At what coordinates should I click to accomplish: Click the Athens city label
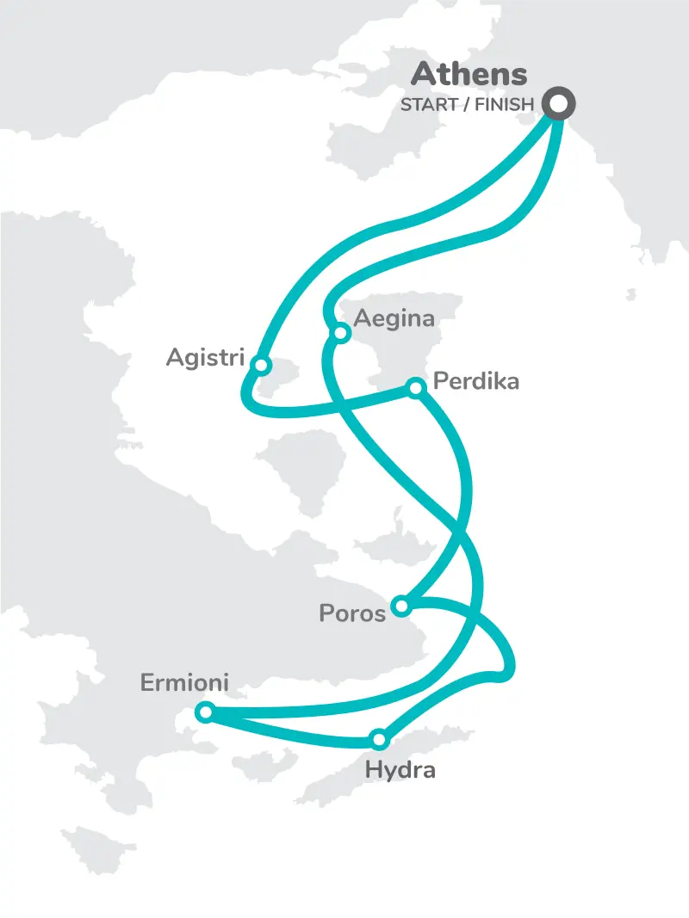[469, 74]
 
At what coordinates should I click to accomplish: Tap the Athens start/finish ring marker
[558, 103]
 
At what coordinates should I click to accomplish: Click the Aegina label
[394, 318]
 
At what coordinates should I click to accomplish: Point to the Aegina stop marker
[341, 332]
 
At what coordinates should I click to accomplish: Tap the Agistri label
[206, 357]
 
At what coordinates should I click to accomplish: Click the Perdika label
[476, 380]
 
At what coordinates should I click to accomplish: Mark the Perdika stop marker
[416, 388]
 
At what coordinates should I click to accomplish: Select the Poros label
[352, 613]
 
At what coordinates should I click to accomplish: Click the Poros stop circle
[400, 607]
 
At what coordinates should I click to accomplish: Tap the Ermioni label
[184, 683]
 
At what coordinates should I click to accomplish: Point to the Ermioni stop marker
[205, 712]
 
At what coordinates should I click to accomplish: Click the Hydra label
[400, 769]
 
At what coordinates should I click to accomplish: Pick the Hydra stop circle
[379, 738]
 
